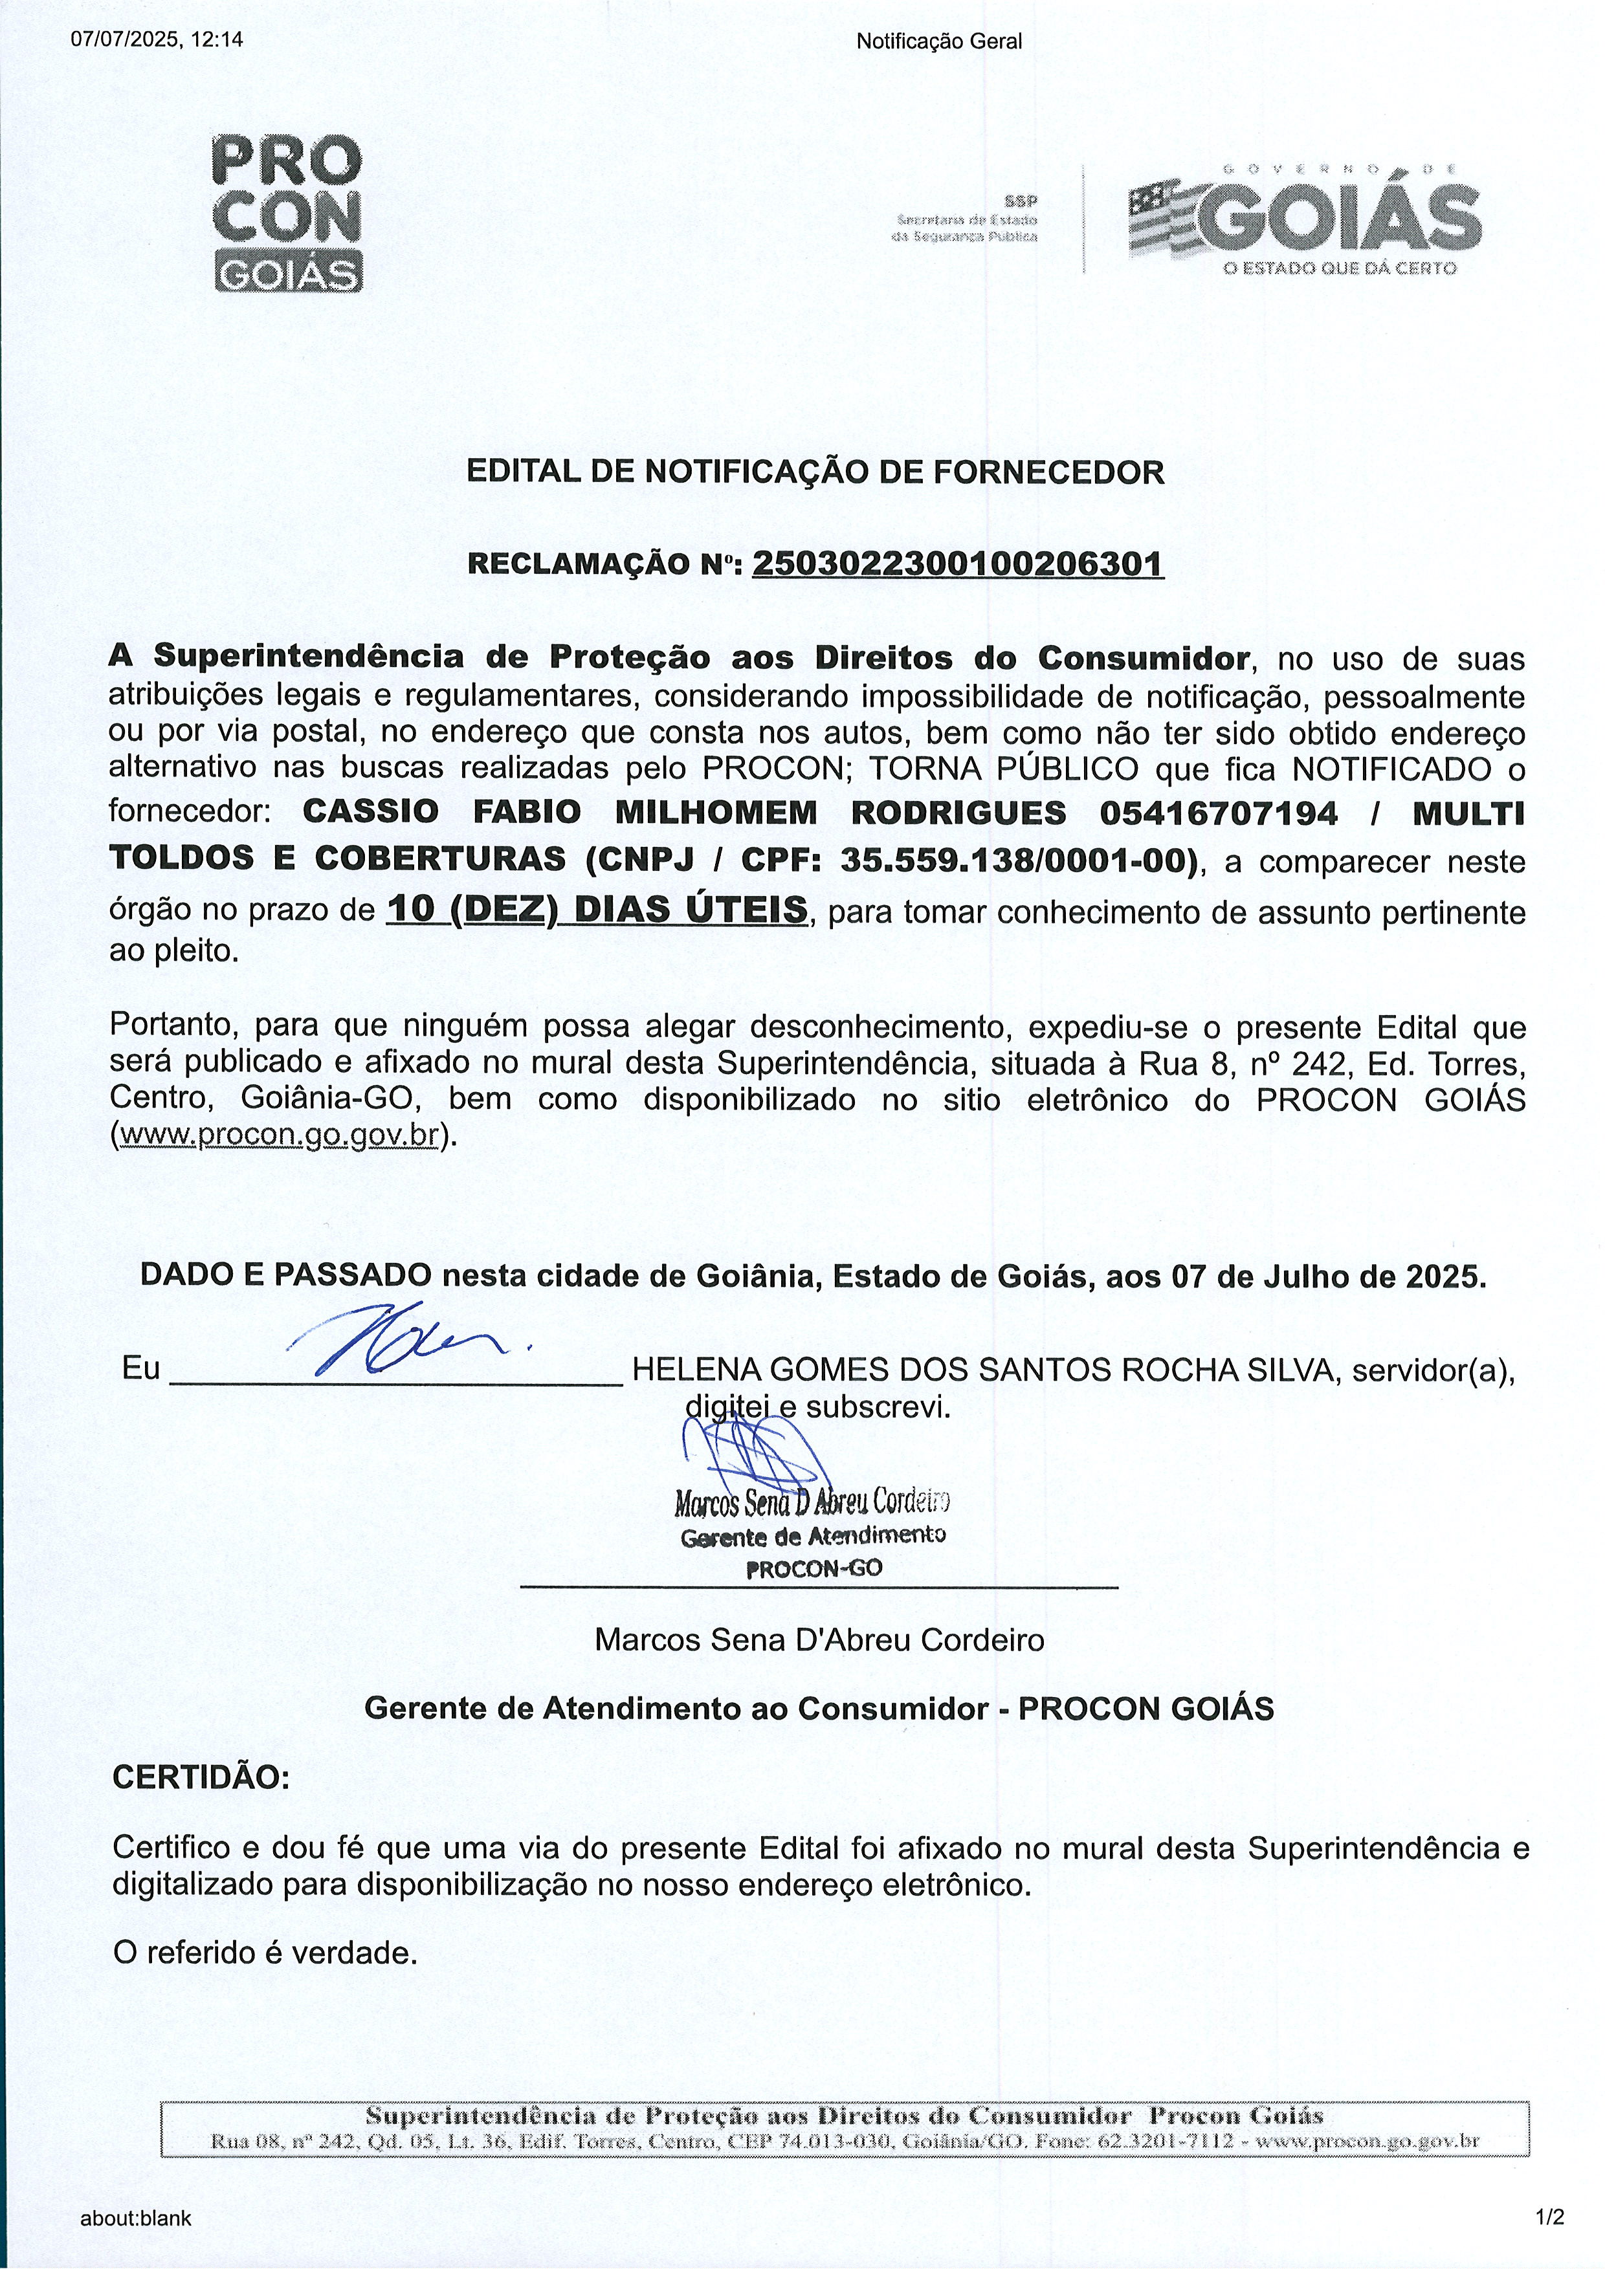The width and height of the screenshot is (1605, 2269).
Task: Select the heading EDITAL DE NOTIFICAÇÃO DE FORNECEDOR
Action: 815,472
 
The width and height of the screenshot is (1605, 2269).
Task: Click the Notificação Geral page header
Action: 939,41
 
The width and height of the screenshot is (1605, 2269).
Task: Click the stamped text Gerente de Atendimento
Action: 812,1537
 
